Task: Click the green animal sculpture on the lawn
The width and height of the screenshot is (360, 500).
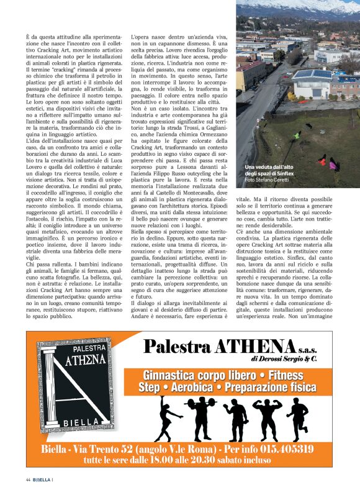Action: (x=295, y=135)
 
